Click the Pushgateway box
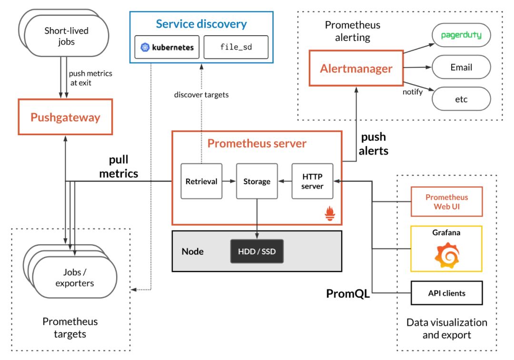tap(65, 117)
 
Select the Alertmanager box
tap(356, 69)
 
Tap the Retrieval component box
tap(201, 181)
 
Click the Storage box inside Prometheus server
tap(257, 181)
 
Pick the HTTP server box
tap(312, 181)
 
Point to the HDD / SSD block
tap(257, 251)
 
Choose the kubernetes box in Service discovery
tap(167, 47)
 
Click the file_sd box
tap(236, 47)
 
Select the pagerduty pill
tap(461, 35)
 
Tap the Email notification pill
tap(461, 67)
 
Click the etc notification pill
tap(461, 99)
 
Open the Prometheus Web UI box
tap(446, 202)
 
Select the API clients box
tap(446, 293)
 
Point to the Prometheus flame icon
tap(330, 214)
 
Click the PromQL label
tap(348, 294)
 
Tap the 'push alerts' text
tap(374, 144)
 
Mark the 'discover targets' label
tap(201, 95)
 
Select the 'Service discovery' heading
tap(201, 23)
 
